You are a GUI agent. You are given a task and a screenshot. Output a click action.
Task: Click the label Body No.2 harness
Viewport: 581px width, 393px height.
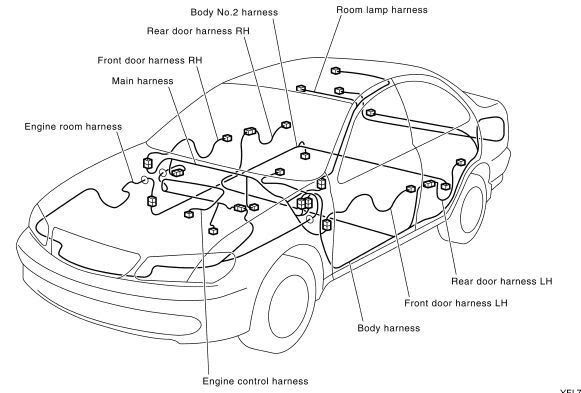click(234, 12)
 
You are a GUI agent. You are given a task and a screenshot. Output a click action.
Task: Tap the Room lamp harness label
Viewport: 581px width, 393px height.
click(382, 10)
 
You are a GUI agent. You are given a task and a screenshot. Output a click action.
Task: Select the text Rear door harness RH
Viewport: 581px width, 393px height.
click(198, 31)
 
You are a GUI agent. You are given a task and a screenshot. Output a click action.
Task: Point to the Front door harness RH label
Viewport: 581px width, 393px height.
click(150, 60)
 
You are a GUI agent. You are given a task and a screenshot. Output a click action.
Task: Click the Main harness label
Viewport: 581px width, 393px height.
click(142, 81)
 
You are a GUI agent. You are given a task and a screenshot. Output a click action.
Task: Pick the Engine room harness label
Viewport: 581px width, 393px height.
click(73, 127)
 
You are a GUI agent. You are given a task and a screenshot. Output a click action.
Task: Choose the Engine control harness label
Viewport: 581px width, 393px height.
click(255, 381)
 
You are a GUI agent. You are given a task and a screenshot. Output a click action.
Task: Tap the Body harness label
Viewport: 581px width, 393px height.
click(389, 328)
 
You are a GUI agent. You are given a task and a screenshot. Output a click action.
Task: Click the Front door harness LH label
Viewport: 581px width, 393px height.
click(456, 303)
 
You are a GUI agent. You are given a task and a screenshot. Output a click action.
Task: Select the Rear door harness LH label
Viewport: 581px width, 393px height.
click(502, 282)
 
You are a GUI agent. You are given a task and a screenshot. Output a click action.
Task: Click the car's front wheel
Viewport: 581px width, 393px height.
click(288, 307)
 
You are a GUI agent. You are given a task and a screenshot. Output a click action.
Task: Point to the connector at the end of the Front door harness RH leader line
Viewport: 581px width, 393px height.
click(227, 138)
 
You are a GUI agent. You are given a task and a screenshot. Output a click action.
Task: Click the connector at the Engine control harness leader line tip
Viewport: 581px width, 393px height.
click(190, 214)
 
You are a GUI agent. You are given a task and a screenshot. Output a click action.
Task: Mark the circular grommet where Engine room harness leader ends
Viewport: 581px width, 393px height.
click(145, 180)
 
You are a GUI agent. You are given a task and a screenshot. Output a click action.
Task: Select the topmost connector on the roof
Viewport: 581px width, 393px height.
click(336, 71)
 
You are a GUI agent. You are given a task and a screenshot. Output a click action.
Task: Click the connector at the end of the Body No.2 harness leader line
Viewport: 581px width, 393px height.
click(305, 156)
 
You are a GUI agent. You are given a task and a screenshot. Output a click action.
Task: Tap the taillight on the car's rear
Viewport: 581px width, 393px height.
click(491, 129)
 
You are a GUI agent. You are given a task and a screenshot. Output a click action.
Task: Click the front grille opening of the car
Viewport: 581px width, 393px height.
click(94, 252)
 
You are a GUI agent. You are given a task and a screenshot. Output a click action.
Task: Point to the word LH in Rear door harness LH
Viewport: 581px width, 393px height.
click(545, 282)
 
